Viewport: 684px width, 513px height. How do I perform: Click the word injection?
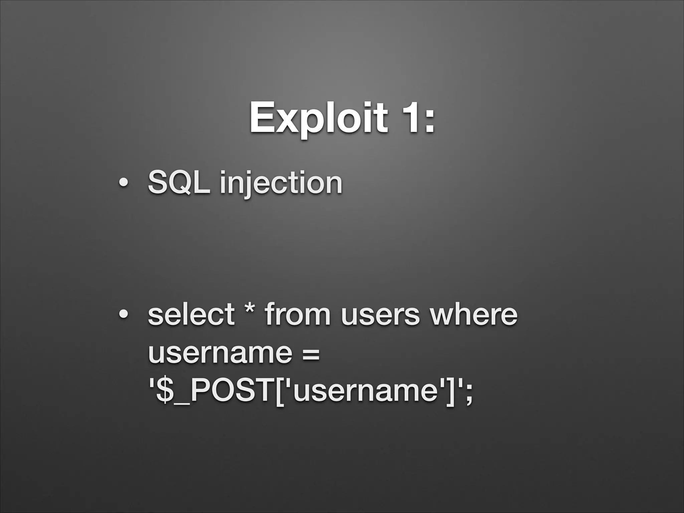click(281, 183)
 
